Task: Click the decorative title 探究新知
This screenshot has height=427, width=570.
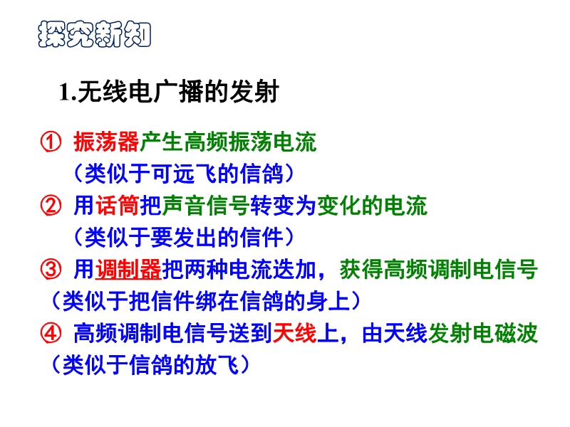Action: pos(95,34)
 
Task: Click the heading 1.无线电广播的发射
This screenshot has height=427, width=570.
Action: pos(169,91)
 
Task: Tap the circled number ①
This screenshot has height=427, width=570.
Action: pos(51,142)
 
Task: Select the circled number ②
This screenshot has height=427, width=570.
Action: pos(51,206)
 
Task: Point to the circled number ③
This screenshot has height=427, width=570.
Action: pos(51,270)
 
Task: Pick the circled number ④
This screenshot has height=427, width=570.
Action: pos(51,333)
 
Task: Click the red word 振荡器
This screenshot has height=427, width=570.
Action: pos(106,142)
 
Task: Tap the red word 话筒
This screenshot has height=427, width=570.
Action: pos(118,206)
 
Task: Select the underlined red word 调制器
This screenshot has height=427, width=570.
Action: pos(128,270)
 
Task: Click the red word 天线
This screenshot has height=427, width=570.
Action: pos(294,333)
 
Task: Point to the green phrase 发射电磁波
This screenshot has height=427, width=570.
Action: pos(483,333)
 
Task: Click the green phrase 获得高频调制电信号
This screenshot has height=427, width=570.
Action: pos(438,270)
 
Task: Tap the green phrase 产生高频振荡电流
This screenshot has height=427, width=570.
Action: pos(228,142)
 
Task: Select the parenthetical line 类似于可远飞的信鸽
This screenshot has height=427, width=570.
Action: pos(184,174)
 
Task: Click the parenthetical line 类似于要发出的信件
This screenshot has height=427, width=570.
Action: pos(184,238)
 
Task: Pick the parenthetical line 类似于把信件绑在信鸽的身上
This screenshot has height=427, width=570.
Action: pos(206,301)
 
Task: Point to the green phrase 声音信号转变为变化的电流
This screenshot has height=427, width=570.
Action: pos(294,206)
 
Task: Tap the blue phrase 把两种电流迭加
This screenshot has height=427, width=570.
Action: pos(239,270)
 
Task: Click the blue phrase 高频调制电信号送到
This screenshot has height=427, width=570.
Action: pos(173,333)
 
